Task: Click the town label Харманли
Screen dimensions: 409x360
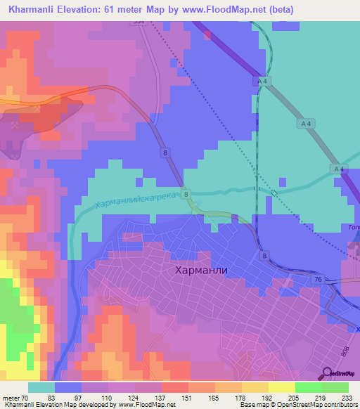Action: (x=200, y=269)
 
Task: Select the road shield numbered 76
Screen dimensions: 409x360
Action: (x=319, y=280)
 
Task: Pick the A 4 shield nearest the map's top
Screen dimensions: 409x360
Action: (x=262, y=82)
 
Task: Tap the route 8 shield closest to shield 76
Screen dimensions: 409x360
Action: (x=263, y=257)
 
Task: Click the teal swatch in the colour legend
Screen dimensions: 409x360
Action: (x=41, y=387)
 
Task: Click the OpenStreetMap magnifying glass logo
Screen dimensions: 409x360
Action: (x=326, y=374)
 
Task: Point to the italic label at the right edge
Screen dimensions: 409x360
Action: (x=354, y=227)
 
